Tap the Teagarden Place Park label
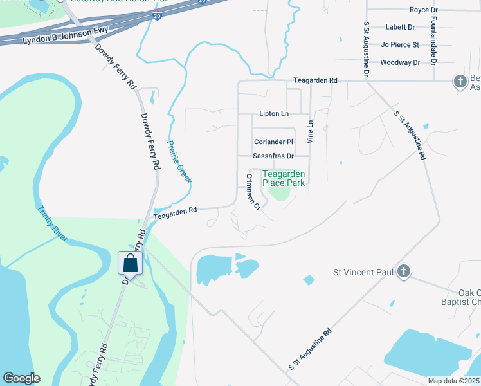[284, 178]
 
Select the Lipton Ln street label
[274, 114]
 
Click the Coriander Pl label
[273, 142]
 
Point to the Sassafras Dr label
[273, 156]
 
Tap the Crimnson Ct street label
[252, 191]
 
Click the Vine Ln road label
[310, 131]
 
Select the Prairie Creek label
[179, 161]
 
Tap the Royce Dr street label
[423, 10]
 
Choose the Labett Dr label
[400, 28]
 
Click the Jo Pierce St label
[400, 45]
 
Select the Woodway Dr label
[400, 62]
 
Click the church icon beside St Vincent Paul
[404, 271]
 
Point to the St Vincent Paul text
[363, 272]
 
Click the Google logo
[21, 378]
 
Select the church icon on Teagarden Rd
[460, 81]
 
